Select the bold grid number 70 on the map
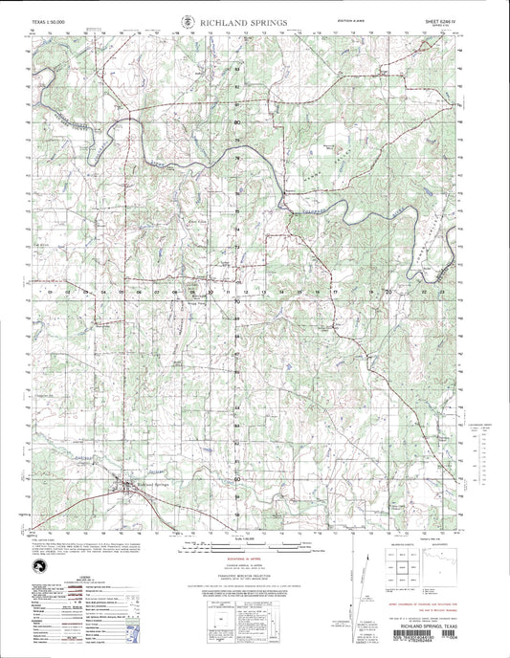(237, 300)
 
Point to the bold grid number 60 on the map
(237, 478)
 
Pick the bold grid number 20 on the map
(388, 288)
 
